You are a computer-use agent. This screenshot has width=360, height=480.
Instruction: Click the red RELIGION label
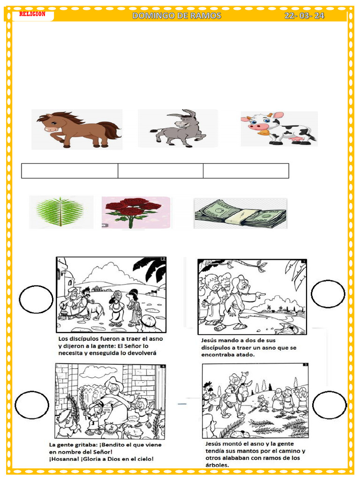tap(32, 14)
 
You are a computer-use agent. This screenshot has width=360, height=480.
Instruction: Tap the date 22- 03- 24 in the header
tap(304, 15)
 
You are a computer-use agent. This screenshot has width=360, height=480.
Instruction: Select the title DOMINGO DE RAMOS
tap(177, 15)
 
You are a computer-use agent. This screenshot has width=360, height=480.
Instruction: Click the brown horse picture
tap(77, 129)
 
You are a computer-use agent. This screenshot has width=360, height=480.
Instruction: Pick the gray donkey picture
tap(179, 129)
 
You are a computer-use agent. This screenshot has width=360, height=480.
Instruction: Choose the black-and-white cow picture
tap(279, 128)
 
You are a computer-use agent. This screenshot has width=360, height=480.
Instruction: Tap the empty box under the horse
tap(70, 171)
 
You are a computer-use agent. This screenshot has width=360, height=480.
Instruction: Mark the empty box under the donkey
tap(160, 171)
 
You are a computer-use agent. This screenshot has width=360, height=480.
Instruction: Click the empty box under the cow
tap(246, 171)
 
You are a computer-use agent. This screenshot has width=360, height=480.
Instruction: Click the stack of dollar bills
tap(240, 214)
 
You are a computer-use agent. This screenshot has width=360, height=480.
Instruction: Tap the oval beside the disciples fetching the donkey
tap(36, 299)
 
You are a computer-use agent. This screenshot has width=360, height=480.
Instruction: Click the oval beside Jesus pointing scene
tap(328, 294)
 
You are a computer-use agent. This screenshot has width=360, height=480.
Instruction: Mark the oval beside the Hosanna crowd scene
tap(32, 405)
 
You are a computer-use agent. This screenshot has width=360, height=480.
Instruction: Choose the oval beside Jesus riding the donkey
tap(330, 405)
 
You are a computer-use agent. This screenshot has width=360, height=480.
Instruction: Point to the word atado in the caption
tap(245, 355)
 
